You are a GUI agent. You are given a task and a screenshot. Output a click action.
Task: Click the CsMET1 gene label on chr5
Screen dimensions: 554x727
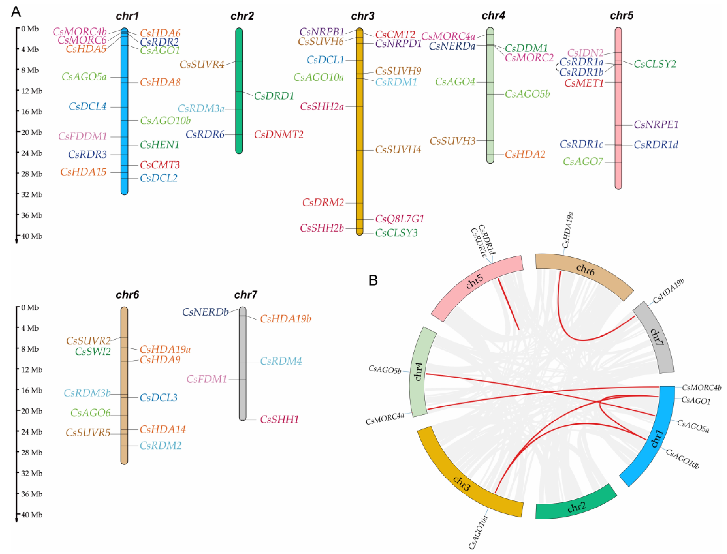(x=584, y=83)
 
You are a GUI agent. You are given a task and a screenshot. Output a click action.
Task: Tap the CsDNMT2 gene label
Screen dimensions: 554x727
(x=278, y=134)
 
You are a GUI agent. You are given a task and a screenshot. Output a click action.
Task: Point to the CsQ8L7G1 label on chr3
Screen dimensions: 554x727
(x=399, y=219)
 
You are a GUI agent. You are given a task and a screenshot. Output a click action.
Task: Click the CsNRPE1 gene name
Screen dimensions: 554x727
(x=656, y=125)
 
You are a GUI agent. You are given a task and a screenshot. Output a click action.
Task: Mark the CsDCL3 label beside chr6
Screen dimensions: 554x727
(x=159, y=398)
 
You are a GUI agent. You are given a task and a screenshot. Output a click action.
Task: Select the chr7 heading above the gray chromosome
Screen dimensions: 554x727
(x=245, y=294)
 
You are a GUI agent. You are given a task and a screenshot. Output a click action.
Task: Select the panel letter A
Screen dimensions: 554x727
(x=16, y=12)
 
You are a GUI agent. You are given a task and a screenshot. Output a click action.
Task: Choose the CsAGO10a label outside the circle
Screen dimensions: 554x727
(x=478, y=532)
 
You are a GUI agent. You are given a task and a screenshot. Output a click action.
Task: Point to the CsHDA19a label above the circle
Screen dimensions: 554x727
(x=568, y=230)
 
